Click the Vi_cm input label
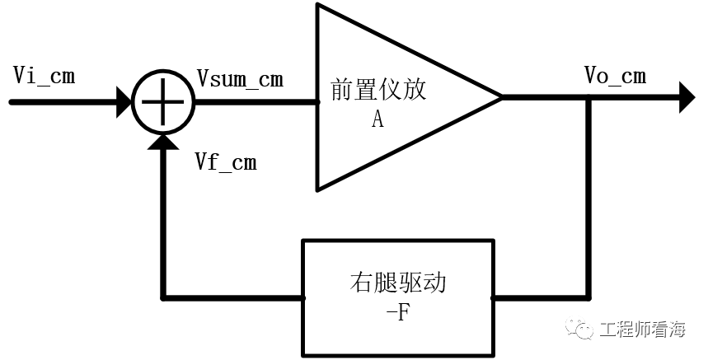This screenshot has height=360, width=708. pos(45,76)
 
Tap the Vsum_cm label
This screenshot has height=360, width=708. pos(240,78)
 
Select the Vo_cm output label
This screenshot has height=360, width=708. pos(614,76)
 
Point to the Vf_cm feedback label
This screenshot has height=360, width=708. pos(225,162)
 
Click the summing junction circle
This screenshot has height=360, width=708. pos(163,102)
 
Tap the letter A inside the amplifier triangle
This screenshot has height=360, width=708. pos(377,120)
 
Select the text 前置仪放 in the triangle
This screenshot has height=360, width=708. pos(378,90)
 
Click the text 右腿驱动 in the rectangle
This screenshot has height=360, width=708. pos(398,284)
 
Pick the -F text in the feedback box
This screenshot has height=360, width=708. pos(398,314)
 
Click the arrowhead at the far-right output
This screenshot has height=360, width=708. pos(687,98)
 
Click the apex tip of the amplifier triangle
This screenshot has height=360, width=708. pos(500,98)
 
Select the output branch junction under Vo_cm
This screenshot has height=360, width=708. pos(588,98)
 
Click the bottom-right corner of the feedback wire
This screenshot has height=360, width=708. pos(588,296)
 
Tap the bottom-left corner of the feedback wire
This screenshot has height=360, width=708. pos(163,296)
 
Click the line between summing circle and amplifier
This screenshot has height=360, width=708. pos(256,102)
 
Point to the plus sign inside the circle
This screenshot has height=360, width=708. pos(163,102)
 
